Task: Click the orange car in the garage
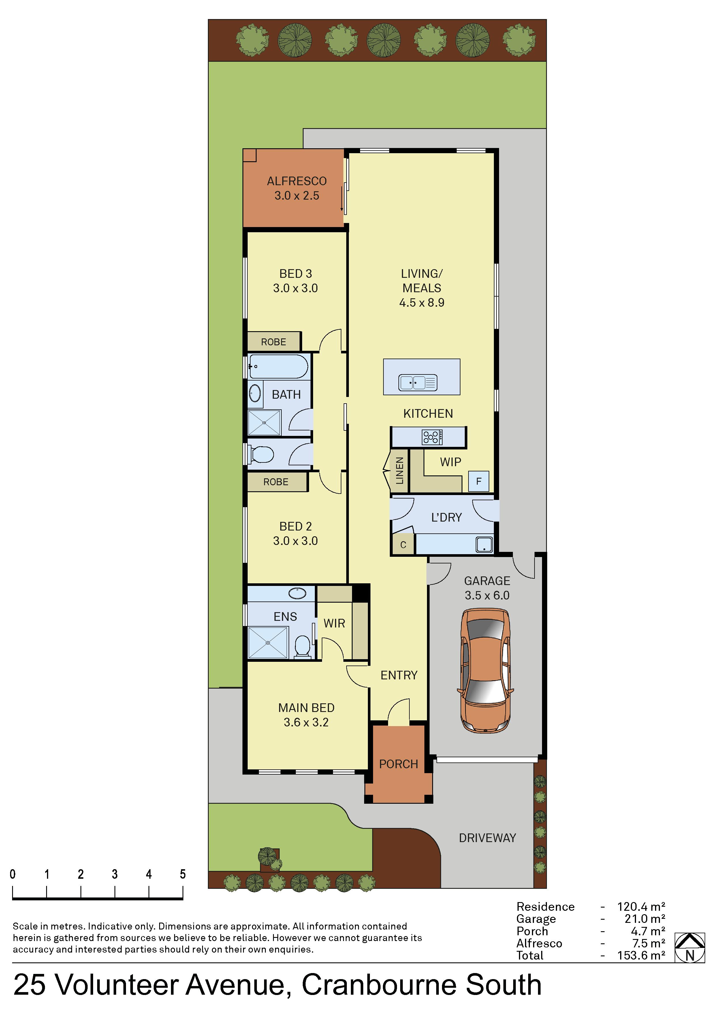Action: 486,671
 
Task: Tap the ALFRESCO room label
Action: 297,181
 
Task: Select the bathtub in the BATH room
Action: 279,367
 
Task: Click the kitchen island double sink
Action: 418,382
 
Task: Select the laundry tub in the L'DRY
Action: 484,544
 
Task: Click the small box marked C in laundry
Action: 403,545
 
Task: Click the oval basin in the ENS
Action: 297,593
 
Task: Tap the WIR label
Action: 334,623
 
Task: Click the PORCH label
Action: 399,764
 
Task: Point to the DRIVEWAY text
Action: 487,838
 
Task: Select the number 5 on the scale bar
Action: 182,874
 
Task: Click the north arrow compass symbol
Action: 690,947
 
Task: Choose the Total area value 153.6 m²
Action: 641,955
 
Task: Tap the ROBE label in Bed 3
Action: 274,342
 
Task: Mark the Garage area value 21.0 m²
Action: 645,919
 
